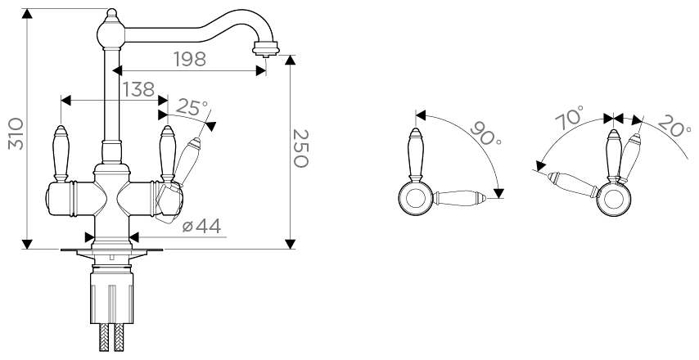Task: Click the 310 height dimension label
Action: pos(16,133)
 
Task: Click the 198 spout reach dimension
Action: pos(189,59)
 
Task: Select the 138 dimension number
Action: pos(138,89)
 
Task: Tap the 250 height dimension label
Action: pos(300,148)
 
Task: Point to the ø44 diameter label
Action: pos(201,227)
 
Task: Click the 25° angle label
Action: pos(192,107)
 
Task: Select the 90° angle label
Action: pos(486,133)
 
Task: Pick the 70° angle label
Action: pos(570,118)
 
